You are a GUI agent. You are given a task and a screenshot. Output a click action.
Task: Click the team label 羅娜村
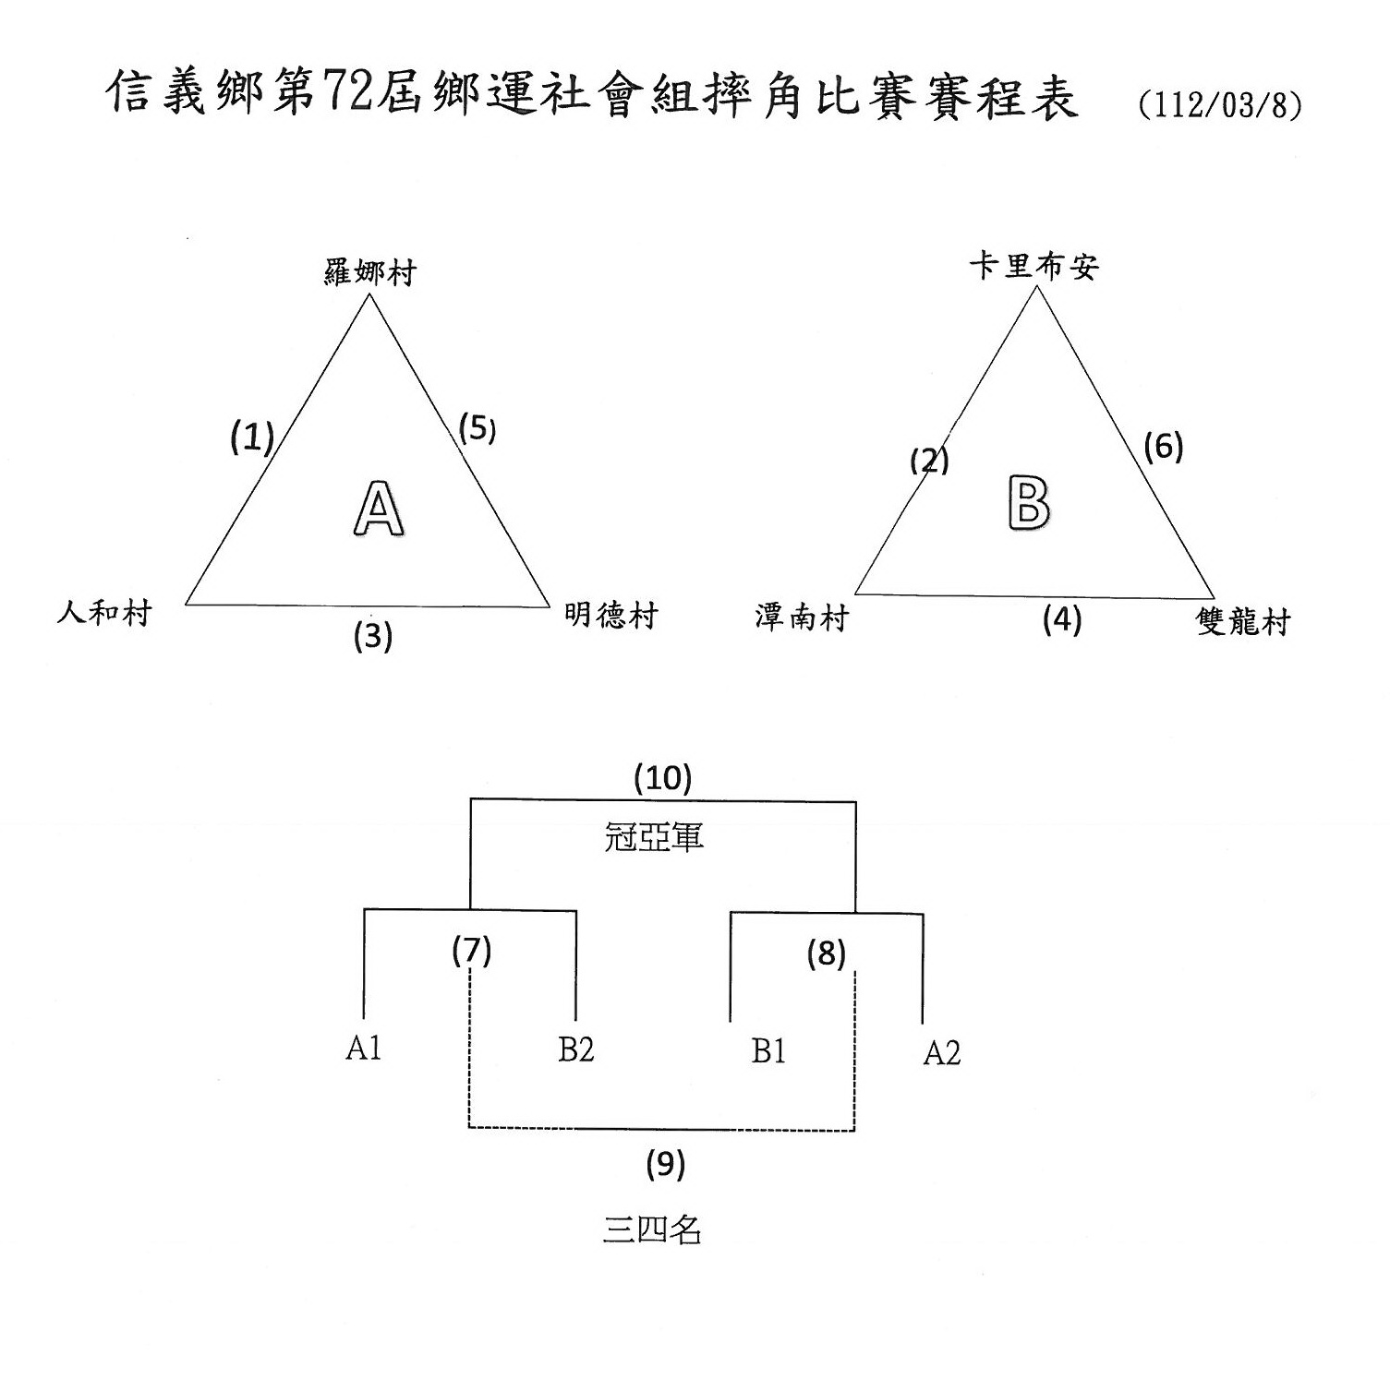(x=370, y=272)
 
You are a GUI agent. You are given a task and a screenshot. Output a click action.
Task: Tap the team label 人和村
(x=104, y=612)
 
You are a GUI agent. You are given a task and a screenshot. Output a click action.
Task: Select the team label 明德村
(x=611, y=615)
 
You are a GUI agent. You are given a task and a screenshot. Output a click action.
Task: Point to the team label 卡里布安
(x=1034, y=267)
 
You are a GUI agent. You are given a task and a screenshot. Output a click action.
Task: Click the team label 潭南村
(x=801, y=617)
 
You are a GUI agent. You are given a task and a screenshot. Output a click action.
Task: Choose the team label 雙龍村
(x=1243, y=621)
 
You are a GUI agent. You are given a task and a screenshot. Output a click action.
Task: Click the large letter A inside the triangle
(x=379, y=508)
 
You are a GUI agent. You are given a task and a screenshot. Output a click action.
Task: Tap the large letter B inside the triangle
(x=1029, y=503)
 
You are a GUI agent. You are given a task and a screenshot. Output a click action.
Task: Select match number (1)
(x=252, y=437)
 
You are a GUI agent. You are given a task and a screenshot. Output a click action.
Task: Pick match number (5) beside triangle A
(x=477, y=429)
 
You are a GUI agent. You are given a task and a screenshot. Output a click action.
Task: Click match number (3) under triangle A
(x=373, y=636)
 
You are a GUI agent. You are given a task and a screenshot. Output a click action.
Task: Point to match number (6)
(x=1164, y=447)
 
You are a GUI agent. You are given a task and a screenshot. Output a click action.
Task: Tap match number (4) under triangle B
(x=1062, y=618)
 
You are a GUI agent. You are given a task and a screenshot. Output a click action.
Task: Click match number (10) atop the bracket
(x=663, y=778)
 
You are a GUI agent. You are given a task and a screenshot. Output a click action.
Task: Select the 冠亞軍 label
(x=654, y=837)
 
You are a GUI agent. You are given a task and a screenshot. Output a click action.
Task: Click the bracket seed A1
(x=364, y=1048)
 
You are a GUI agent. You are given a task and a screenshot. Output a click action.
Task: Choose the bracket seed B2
(x=576, y=1049)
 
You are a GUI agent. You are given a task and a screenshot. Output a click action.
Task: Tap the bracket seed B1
(x=768, y=1050)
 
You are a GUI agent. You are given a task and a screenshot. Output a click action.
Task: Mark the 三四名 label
(x=652, y=1229)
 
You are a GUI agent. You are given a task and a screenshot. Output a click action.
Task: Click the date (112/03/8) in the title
(x=1220, y=104)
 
